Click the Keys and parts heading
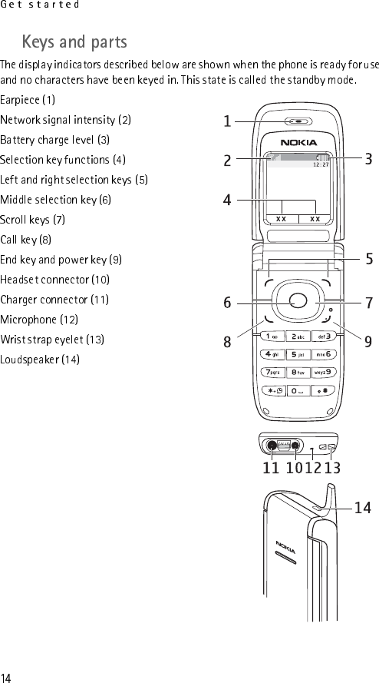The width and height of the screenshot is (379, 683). [x=74, y=42]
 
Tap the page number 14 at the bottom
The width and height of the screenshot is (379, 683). [x=5, y=678]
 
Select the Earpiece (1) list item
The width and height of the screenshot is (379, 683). [x=28, y=100]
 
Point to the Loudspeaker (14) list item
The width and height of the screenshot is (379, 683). [x=40, y=360]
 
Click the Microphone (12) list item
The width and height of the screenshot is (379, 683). [x=39, y=320]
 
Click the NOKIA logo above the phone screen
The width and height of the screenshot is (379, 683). [x=298, y=142]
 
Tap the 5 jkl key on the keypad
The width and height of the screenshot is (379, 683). [x=298, y=355]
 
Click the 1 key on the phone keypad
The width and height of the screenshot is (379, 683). [x=272, y=337]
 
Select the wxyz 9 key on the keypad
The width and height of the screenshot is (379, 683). [x=323, y=373]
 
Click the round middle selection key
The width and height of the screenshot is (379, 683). [x=298, y=301]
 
